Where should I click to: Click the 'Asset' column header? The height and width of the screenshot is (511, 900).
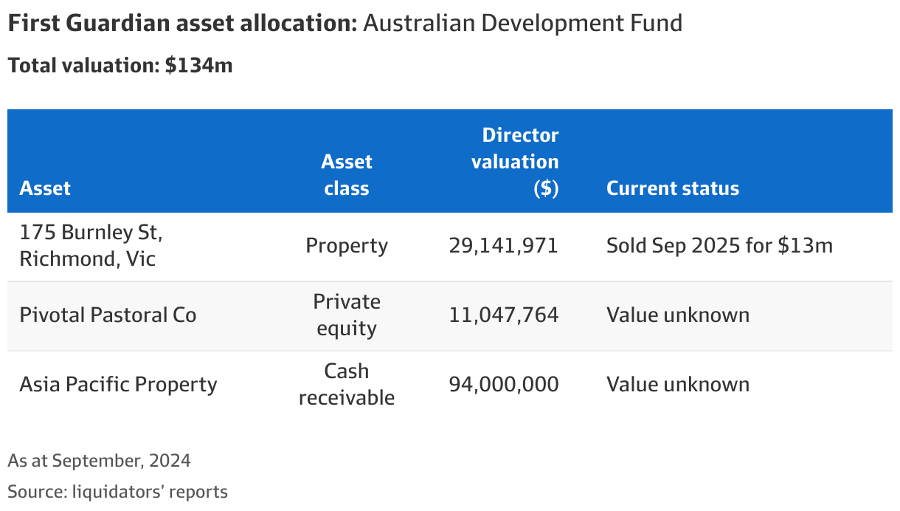(45, 188)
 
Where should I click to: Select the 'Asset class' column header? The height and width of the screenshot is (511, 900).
(346, 175)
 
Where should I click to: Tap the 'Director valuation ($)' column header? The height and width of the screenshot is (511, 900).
(515, 162)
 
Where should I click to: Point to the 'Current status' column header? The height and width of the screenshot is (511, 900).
(672, 188)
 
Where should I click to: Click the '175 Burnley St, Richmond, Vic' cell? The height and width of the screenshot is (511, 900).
(91, 246)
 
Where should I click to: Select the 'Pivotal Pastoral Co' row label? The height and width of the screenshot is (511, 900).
(108, 315)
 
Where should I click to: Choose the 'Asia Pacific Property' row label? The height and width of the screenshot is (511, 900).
(118, 385)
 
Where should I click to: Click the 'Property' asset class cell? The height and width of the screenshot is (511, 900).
(346, 246)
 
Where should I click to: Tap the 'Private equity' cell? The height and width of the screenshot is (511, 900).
(346, 315)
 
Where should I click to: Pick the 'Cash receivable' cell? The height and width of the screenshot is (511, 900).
(346, 385)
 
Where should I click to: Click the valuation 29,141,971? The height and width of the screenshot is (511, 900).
(503, 246)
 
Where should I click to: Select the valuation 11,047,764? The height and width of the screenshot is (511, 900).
(503, 315)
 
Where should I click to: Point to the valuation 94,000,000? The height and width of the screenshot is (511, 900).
(503, 385)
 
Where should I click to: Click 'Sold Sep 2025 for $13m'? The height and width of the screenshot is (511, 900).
(719, 246)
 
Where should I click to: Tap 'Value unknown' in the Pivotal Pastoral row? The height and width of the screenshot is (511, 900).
(677, 315)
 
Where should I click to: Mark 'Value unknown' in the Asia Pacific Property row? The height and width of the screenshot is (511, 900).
(677, 385)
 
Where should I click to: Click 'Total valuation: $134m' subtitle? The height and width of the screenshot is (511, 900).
(120, 66)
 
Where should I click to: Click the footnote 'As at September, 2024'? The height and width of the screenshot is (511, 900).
(99, 461)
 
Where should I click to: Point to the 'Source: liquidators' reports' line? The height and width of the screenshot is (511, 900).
(117, 491)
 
